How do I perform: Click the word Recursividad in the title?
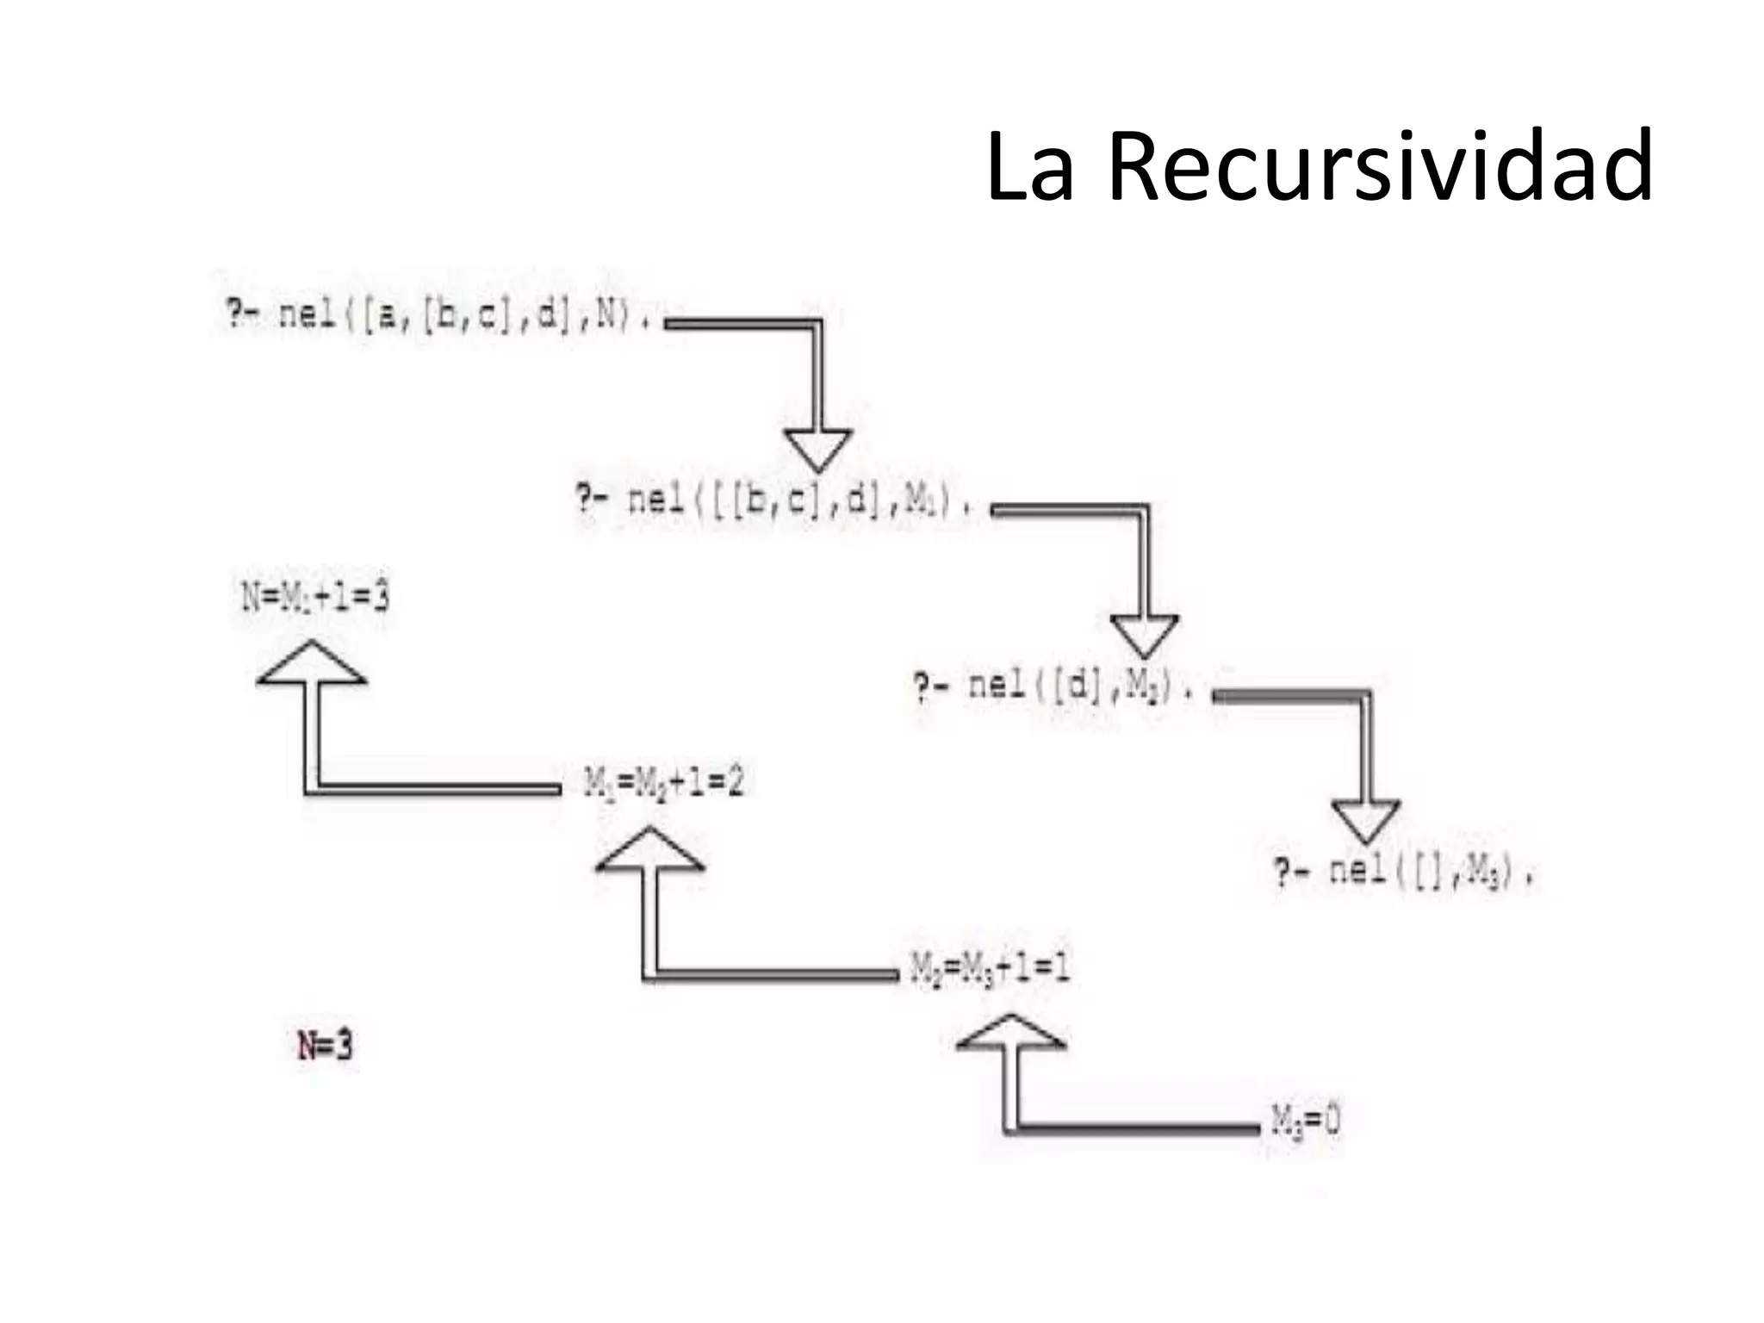[x=1380, y=165]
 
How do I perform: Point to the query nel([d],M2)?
[x=1053, y=686]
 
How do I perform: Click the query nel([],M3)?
[x=1404, y=872]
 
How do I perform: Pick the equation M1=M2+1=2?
[x=663, y=783]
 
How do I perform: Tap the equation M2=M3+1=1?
[x=990, y=969]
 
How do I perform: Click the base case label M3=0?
[x=1306, y=1121]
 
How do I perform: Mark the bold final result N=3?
[x=325, y=1047]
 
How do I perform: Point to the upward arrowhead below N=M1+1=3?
[x=311, y=664]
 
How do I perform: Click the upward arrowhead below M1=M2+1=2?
[x=650, y=851]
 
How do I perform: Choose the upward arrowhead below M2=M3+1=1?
[x=1011, y=1034]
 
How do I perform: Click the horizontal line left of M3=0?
[x=1137, y=1127]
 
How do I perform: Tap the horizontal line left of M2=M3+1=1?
[x=775, y=975]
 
